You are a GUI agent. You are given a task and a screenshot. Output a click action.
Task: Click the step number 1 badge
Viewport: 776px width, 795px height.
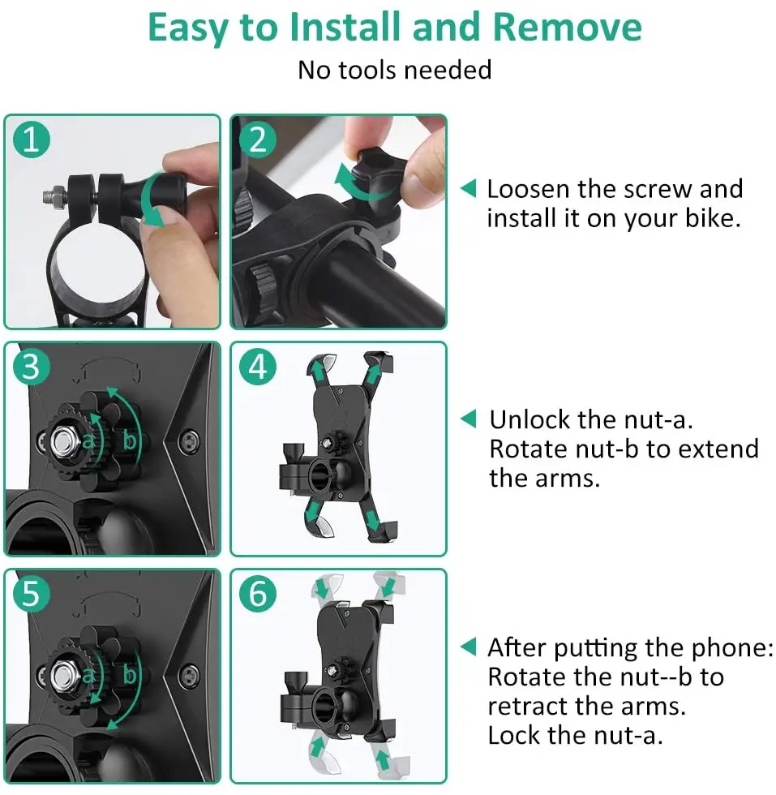click(32, 140)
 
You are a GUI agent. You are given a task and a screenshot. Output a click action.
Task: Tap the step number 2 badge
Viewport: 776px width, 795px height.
click(258, 140)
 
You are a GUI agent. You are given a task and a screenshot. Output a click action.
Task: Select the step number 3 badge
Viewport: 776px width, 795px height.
click(32, 366)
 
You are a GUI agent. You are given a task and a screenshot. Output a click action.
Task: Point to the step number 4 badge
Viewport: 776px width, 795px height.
click(258, 366)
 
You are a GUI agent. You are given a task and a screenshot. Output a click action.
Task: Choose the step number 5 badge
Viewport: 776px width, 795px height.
click(32, 593)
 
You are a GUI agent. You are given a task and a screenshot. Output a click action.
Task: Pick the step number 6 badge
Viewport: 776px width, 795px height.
click(258, 593)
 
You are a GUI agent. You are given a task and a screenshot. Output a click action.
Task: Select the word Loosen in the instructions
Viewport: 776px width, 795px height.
click(529, 189)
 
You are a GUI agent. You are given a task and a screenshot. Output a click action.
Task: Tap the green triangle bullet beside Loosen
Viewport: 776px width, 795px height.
click(469, 188)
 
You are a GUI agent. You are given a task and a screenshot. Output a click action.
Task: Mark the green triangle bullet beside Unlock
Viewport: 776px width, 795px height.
click(469, 419)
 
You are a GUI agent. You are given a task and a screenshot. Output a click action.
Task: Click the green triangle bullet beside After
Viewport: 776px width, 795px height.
click(469, 647)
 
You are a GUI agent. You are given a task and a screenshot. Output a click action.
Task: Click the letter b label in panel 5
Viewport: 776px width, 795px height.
click(130, 675)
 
